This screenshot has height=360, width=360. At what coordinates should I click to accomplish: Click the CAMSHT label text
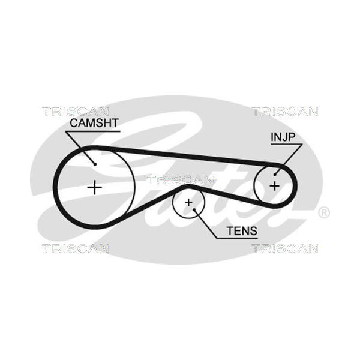pos(94,123)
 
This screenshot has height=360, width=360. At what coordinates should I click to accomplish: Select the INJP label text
pos(283,137)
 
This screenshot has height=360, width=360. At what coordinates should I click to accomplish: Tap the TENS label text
pos(242,230)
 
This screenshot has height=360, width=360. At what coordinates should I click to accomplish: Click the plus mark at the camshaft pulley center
pos(95,187)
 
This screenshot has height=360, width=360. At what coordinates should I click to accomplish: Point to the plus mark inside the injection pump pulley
pos(274,185)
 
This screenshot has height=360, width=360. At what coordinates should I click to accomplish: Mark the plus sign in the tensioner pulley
pos(188,203)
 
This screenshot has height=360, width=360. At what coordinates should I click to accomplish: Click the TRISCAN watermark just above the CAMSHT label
pos(75,111)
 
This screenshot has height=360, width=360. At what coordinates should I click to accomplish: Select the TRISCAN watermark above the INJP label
pos(285,111)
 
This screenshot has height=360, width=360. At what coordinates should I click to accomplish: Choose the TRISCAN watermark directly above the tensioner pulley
pos(181,179)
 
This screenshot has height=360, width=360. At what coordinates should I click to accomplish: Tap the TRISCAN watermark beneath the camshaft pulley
pos(75,248)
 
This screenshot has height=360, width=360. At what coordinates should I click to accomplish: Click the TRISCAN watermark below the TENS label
pos(285,248)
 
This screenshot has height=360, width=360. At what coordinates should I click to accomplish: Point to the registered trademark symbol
pos(323,213)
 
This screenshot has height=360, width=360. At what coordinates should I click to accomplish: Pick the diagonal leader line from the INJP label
pos(286,157)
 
